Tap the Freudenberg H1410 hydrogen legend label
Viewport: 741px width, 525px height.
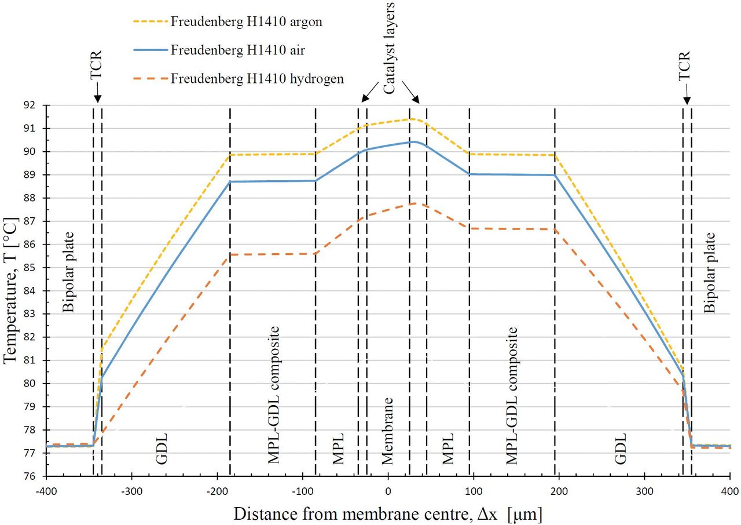point(257,78)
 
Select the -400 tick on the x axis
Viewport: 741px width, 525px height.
point(47,491)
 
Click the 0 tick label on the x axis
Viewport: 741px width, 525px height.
point(388,491)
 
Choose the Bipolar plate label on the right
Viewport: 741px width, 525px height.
point(710,272)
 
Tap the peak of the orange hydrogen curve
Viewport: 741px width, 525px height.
point(414,203)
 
